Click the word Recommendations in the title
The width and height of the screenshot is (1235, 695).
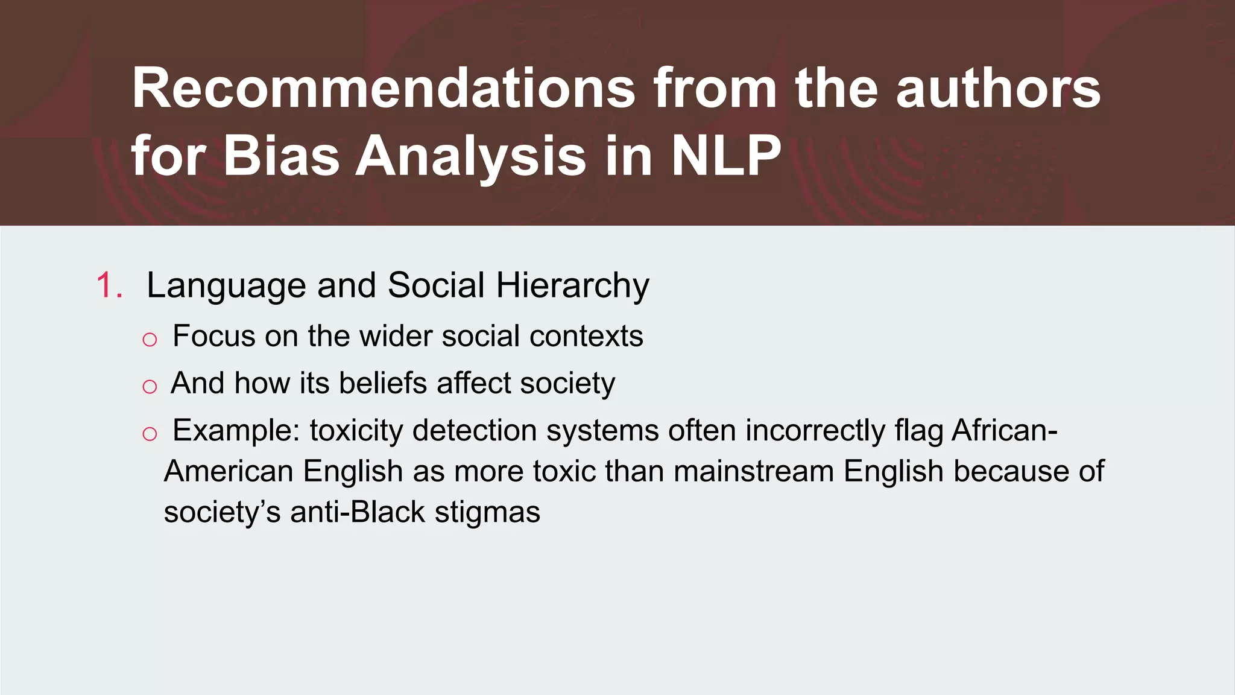(x=384, y=89)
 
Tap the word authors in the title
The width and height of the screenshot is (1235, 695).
(x=998, y=89)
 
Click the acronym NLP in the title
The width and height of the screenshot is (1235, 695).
(x=726, y=156)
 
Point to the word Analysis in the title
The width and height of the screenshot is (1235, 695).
(x=470, y=156)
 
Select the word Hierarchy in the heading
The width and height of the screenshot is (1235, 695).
(x=572, y=285)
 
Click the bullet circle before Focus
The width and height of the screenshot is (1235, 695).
(x=150, y=340)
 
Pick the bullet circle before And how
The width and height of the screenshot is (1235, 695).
(x=150, y=387)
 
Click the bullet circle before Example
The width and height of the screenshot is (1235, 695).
(x=150, y=434)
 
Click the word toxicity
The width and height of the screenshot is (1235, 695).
(x=356, y=431)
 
